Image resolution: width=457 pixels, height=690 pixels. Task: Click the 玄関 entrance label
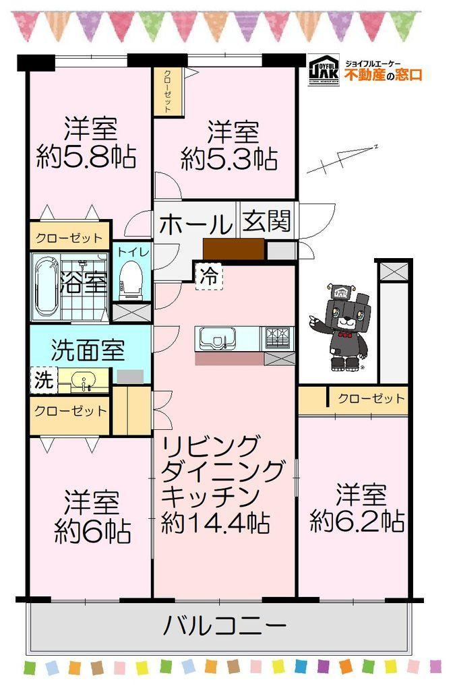click(266, 220)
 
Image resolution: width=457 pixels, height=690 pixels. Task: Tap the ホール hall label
click(195, 224)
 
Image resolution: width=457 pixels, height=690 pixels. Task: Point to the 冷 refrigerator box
click(209, 276)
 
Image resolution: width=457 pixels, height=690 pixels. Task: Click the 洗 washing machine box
click(44, 380)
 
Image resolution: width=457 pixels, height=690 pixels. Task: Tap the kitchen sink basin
click(217, 338)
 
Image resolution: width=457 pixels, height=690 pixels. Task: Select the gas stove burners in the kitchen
click(278, 338)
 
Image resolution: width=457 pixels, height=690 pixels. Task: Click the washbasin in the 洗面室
click(83, 380)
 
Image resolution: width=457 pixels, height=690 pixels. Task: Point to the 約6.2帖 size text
click(357, 521)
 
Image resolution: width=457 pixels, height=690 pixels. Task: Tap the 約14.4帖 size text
click(215, 522)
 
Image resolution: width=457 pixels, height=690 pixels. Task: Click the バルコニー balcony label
click(224, 625)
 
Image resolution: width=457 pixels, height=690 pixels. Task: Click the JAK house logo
click(324, 69)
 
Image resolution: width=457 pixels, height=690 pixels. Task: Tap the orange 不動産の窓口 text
click(384, 75)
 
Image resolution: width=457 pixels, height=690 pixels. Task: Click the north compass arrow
click(343, 158)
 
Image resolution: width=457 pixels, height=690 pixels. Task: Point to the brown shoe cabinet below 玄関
click(234, 249)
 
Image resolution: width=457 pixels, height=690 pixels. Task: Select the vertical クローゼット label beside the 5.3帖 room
click(168, 91)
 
